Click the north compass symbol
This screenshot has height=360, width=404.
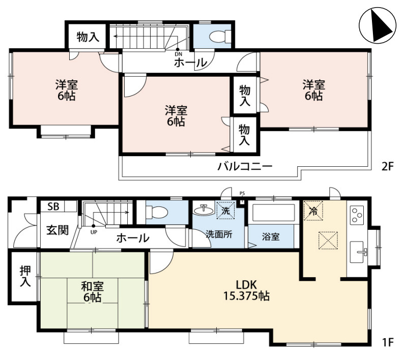pyautogui.click(x=378, y=25)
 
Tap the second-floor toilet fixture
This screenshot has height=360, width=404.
pyautogui.click(x=220, y=37)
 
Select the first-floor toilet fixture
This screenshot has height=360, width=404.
pyautogui.click(x=157, y=213)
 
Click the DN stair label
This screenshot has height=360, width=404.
pyautogui.click(x=178, y=54)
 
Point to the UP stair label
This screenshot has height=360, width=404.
pyautogui.click(x=94, y=232)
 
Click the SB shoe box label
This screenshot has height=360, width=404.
pyautogui.click(x=53, y=206)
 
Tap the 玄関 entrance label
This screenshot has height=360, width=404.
pyautogui.click(x=57, y=230)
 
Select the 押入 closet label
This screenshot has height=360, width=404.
pyautogui.click(x=25, y=276)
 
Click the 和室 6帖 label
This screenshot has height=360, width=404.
pyautogui.click(x=92, y=291)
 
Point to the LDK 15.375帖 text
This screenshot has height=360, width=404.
pyautogui.click(x=246, y=290)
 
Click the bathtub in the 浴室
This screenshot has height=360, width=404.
pyautogui.click(x=273, y=213)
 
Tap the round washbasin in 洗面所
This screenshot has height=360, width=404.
pyautogui.click(x=204, y=211)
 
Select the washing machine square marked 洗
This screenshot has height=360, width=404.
pyautogui.click(x=226, y=211)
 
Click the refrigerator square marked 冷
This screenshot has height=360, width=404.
pyautogui.click(x=313, y=211)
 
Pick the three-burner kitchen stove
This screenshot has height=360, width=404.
pyautogui.click(x=357, y=214)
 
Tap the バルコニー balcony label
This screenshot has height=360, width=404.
pyautogui.click(x=245, y=166)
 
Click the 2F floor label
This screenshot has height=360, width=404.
pyautogui.click(x=388, y=167)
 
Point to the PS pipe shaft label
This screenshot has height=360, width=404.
pyautogui.click(x=242, y=193)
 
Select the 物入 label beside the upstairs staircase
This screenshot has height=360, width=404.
pyautogui.click(x=88, y=37)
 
